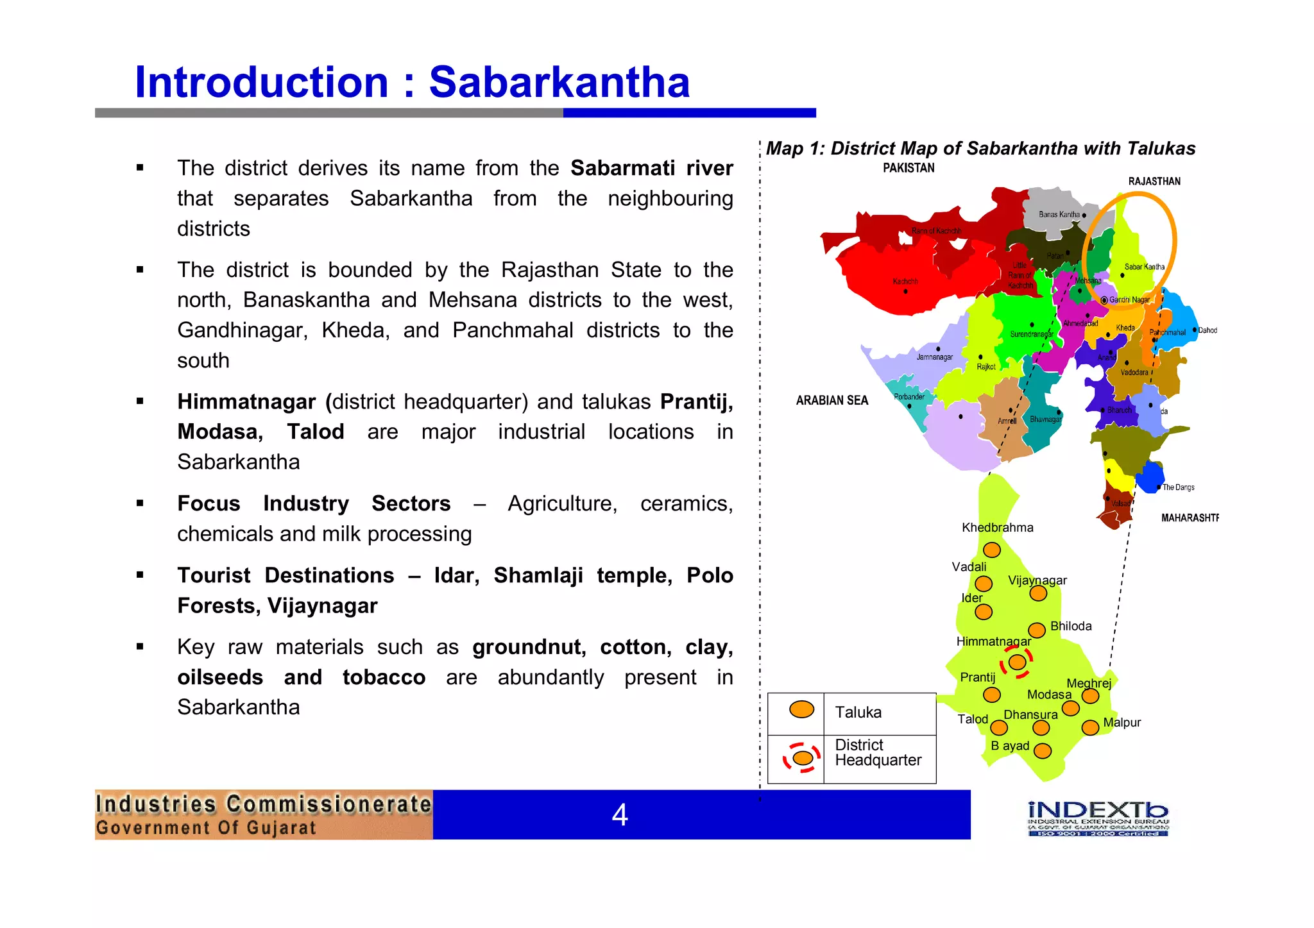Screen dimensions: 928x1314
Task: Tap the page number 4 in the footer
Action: tap(619, 815)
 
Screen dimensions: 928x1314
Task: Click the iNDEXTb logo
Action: tap(1098, 818)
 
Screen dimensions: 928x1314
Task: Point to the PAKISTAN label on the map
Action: tap(909, 168)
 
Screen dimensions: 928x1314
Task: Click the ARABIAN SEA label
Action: tap(832, 400)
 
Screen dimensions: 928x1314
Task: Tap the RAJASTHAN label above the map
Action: tap(1154, 181)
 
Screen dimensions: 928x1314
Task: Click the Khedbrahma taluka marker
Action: tap(992, 550)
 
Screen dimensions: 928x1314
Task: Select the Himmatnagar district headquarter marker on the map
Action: tap(1017, 662)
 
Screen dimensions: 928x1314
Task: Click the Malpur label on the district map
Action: tap(1122, 722)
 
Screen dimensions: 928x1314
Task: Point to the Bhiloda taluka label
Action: tap(1070, 626)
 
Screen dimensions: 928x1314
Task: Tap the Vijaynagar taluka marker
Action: tap(1038, 593)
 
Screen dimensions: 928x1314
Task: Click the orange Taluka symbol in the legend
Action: tap(801, 709)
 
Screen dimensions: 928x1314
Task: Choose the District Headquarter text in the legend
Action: tap(877, 752)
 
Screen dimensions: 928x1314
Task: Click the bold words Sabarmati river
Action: tap(651, 168)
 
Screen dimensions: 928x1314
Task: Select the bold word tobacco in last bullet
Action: tap(384, 677)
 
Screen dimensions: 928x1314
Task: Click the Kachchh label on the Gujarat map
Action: tap(905, 282)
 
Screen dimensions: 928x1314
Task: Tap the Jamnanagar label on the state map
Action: tap(934, 357)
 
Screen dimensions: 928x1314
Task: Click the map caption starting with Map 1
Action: tap(980, 149)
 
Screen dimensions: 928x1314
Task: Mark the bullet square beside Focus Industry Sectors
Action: tap(140, 503)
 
